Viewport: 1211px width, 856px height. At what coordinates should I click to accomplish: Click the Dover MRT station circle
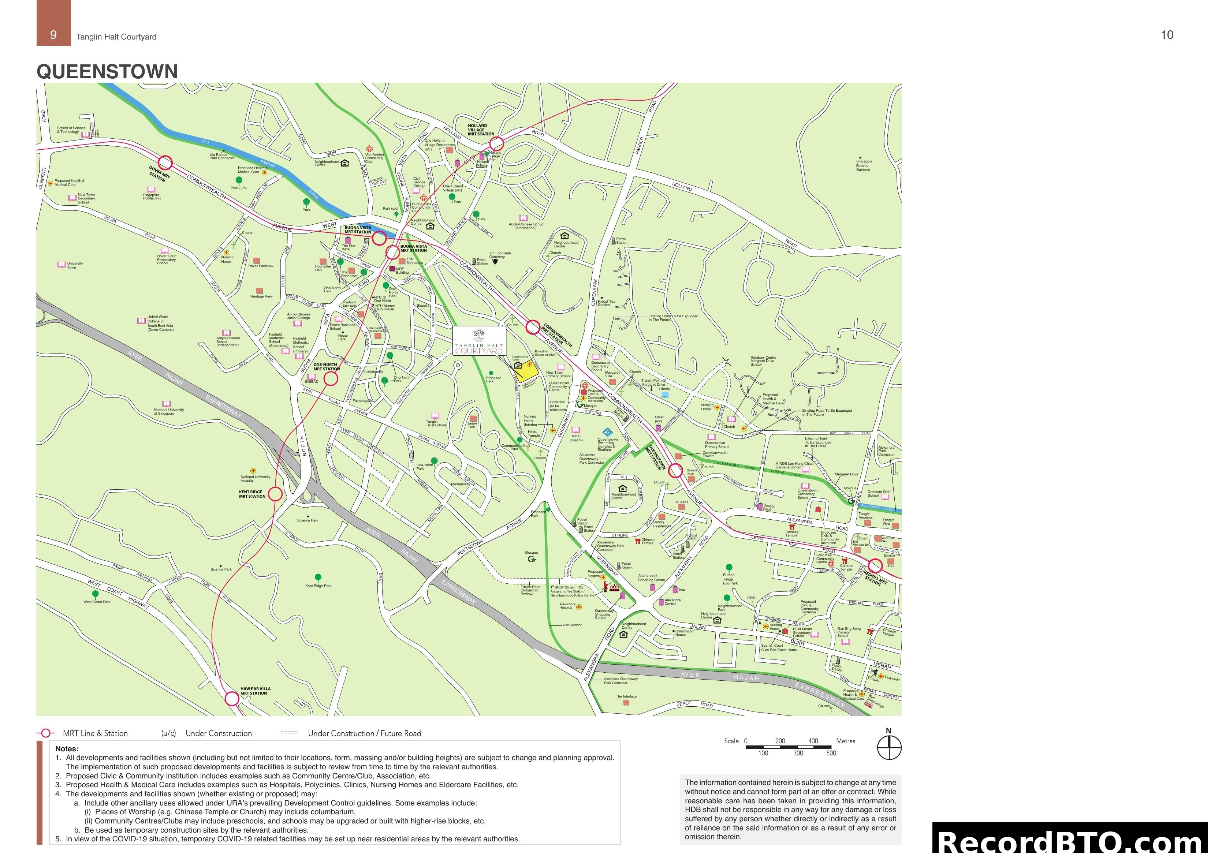(x=165, y=162)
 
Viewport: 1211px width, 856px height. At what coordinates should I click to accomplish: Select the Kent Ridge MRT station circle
(x=275, y=494)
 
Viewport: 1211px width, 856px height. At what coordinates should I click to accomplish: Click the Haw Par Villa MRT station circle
(x=232, y=699)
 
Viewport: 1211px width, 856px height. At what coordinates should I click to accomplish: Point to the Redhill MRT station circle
(x=875, y=566)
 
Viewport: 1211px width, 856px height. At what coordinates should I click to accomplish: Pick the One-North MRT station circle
(x=331, y=379)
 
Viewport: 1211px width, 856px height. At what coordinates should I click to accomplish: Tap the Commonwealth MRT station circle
(x=533, y=327)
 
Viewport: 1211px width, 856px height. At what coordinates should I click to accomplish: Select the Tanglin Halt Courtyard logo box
(x=479, y=341)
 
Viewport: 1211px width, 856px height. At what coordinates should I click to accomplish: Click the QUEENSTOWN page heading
(x=107, y=72)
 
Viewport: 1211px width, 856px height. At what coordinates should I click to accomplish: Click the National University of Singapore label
(x=169, y=411)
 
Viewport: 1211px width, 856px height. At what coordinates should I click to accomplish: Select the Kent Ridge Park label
(x=318, y=586)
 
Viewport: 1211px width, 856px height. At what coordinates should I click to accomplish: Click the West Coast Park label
(x=97, y=602)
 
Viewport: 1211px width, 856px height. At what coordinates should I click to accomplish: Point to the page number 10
(x=1167, y=35)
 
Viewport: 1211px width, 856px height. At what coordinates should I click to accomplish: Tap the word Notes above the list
(x=67, y=748)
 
